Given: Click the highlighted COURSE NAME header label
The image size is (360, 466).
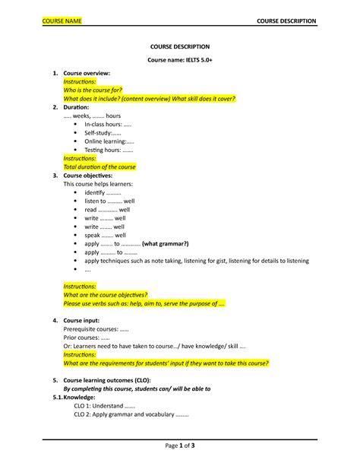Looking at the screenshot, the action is click(62, 20).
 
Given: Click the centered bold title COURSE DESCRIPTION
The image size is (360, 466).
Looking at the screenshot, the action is click(179, 46).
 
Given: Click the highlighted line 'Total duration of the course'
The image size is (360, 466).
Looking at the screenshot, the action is click(99, 166).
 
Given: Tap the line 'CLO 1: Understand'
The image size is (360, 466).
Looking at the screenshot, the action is click(105, 406).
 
